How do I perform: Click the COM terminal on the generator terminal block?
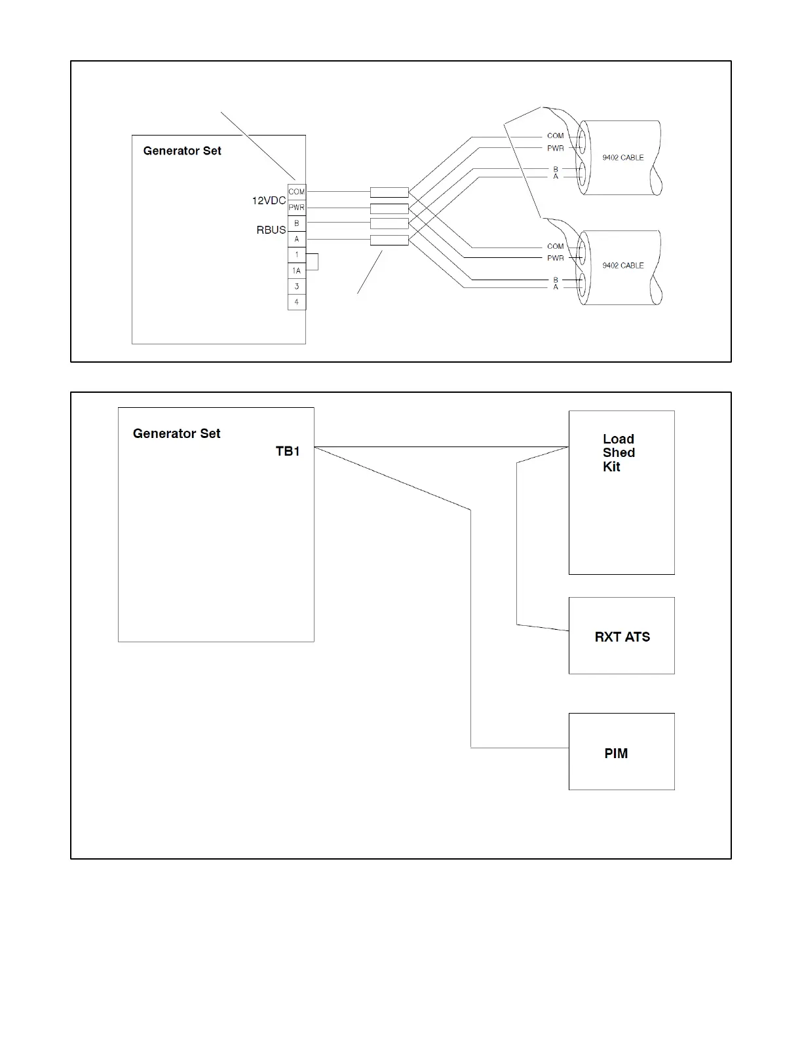point(296,192)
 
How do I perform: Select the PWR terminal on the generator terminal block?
point(296,208)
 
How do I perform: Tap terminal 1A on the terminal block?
point(296,270)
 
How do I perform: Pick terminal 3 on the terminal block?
point(296,286)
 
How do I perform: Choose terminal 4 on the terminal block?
point(296,302)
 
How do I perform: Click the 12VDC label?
point(269,200)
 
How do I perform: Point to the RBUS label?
point(271,230)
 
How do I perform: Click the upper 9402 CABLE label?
point(622,157)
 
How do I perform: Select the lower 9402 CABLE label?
point(622,265)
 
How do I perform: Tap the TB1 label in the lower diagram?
point(288,451)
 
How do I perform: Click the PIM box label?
point(616,754)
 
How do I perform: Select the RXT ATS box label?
point(622,637)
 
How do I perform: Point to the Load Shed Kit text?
point(619,452)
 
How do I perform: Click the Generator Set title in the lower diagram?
point(176,433)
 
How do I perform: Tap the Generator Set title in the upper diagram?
point(182,151)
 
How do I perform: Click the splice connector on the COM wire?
point(389,192)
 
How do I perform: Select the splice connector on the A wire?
point(389,240)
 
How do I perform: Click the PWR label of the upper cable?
point(555,148)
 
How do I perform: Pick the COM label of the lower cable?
point(555,246)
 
